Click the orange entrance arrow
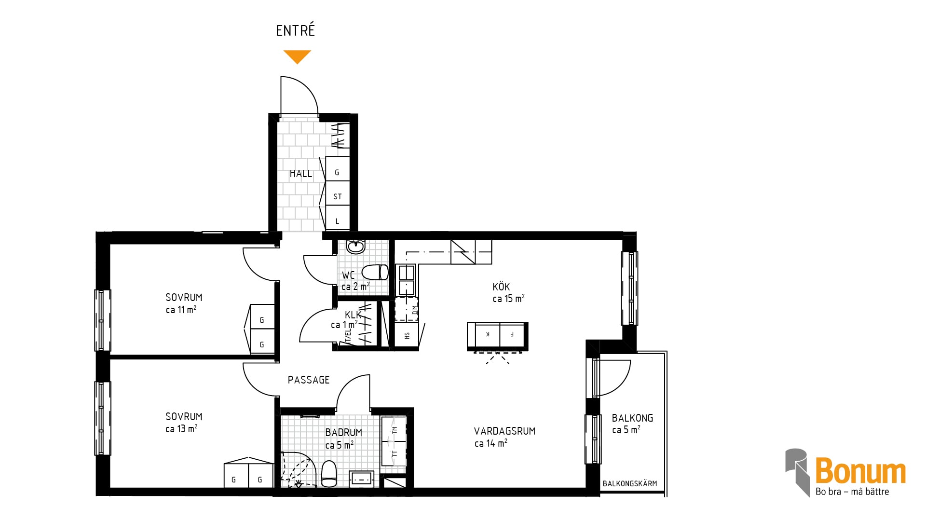pyautogui.click(x=297, y=56)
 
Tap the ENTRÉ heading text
pyautogui.click(x=295, y=30)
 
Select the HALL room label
pyautogui.click(x=301, y=174)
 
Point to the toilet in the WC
pyautogui.click(x=375, y=272)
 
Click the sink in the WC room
pyautogui.click(x=356, y=247)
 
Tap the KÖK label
pyautogui.click(x=501, y=287)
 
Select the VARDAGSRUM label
pyautogui.click(x=504, y=431)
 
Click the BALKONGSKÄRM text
pyautogui.click(x=630, y=483)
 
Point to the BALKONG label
pyautogui.click(x=632, y=418)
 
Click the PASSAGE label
pyautogui.click(x=309, y=380)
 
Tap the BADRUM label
pyautogui.click(x=343, y=433)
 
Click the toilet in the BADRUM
pyautogui.click(x=329, y=474)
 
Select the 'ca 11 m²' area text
pyautogui.click(x=181, y=310)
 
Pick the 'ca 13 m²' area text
pyautogui.click(x=181, y=429)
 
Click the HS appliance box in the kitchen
pyautogui.click(x=407, y=335)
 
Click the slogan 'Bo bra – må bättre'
pyautogui.click(x=852, y=492)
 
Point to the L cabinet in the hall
pyautogui.click(x=338, y=218)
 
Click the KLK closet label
pyautogui.click(x=353, y=315)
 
